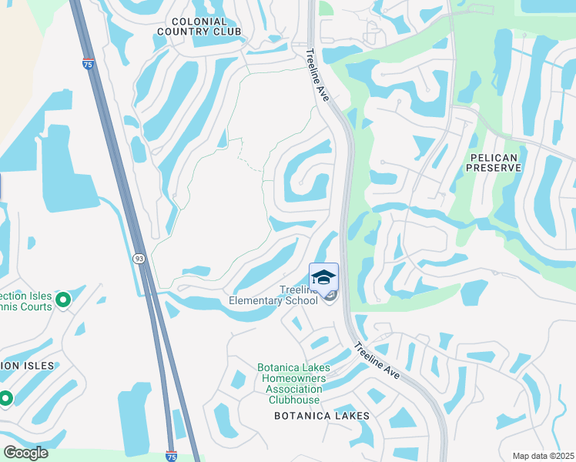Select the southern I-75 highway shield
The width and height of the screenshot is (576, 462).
pyautogui.click(x=171, y=456)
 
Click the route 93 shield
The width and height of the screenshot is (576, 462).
pyautogui.click(x=139, y=259)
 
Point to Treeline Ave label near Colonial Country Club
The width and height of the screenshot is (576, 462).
pyautogui.click(x=318, y=75)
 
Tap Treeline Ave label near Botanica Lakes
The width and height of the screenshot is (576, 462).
pyautogui.click(x=377, y=359)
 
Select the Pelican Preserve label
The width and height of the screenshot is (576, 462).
pyautogui.click(x=494, y=162)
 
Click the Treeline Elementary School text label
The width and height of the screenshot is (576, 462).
pyautogui.click(x=274, y=295)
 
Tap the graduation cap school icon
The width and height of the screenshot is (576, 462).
pyautogui.click(x=323, y=276)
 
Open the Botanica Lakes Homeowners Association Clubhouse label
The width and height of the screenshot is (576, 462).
pyautogui.click(x=293, y=383)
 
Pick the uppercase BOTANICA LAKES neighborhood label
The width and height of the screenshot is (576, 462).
pyautogui.click(x=322, y=416)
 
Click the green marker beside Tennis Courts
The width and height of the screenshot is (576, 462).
pyautogui.click(x=64, y=298)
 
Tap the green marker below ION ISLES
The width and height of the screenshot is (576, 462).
pyautogui.click(x=5, y=398)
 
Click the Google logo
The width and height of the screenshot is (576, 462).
pyautogui.click(x=25, y=453)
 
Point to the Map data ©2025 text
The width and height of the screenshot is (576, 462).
pyautogui.click(x=542, y=456)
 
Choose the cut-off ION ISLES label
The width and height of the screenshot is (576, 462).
pyautogui.click(x=26, y=366)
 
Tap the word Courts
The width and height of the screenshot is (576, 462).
pyautogui.click(x=36, y=307)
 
